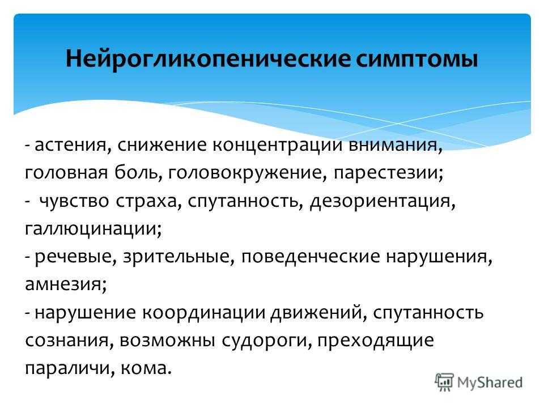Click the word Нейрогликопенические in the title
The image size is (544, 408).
208,58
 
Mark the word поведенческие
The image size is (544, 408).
311,257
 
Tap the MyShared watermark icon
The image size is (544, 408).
444,382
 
